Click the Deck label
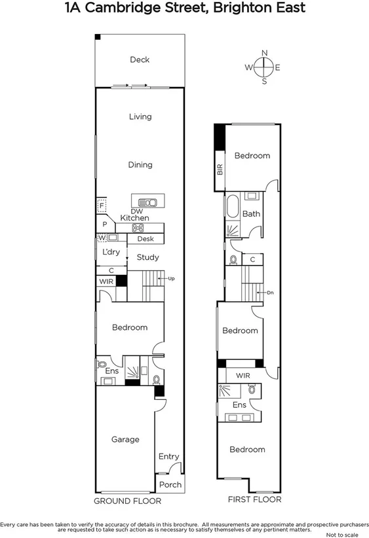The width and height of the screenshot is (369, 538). click(139, 60)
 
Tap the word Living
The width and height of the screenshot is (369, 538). click(140, 117)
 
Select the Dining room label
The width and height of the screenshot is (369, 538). click(140, 165)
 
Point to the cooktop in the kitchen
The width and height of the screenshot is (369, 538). click(138, 228)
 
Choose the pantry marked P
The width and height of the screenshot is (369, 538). click(104, 224)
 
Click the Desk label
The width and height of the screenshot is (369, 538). click(145, 240)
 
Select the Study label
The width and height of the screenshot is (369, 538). click(147, 257)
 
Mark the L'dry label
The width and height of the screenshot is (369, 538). click(110, 252)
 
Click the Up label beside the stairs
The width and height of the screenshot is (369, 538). click(172, 279)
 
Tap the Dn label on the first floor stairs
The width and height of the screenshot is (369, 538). click(269, 293)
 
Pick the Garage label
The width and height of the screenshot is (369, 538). click(125, 439)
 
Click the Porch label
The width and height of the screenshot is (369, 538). click(170, 485)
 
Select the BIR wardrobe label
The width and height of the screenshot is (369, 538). click(220, 170)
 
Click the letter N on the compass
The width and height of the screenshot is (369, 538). click(264, 52)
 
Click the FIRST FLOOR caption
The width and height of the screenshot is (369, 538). click(254, 499)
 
